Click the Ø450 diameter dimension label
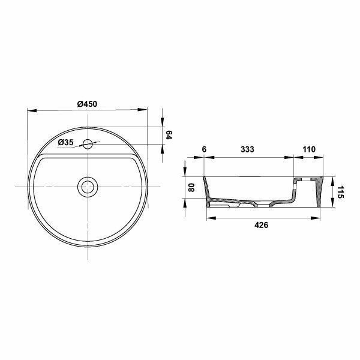pyautogui.click(x=88, y=104)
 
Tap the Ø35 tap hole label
pyautogui.click(x=66, y=143)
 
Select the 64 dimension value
pyautogui.click(x=169, y=136)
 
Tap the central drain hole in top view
pyautogui.click(x=88, y=187)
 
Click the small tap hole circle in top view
pyautogui.click(x=88, y=144)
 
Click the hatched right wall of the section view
pyautogui.click(x=317, y=192)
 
